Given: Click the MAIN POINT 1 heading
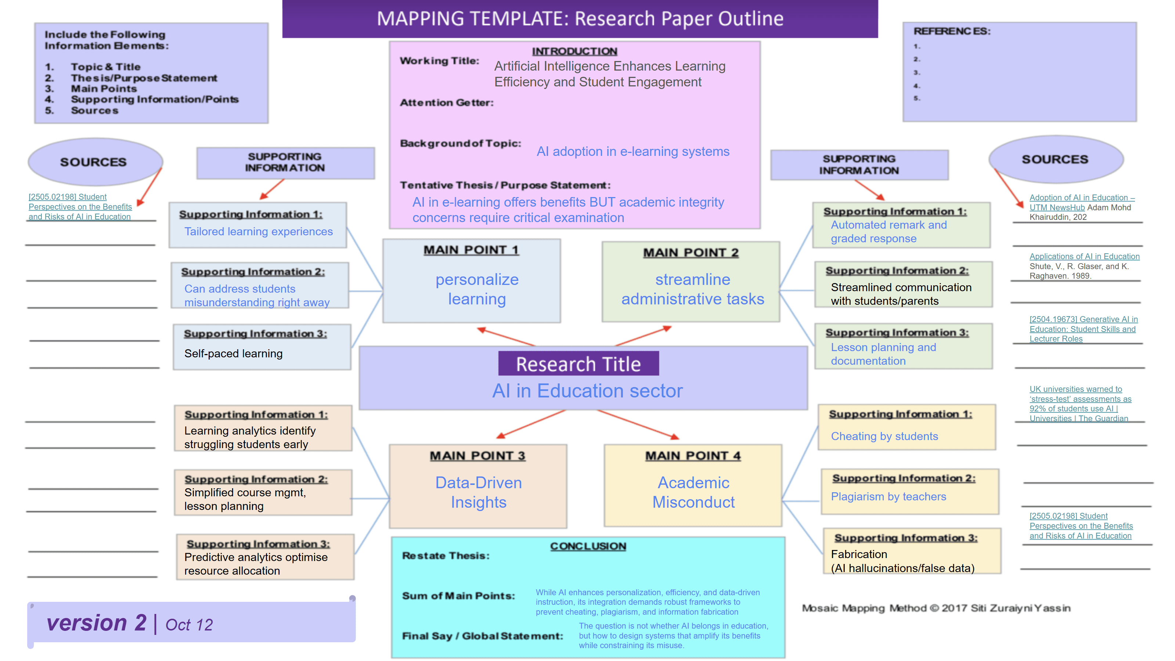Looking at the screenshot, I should (471, 250).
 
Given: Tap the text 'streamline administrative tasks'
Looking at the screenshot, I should (692, 289).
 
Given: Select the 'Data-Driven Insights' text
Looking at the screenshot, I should (479, 492).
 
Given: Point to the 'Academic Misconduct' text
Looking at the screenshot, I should (693, 492).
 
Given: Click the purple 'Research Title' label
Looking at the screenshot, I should (579, 364).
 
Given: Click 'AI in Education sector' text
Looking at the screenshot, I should (588, 391).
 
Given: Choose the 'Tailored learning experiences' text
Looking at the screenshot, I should (259, 232).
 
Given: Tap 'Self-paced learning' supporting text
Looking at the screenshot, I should (234, 353).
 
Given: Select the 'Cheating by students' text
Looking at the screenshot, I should (884, 436).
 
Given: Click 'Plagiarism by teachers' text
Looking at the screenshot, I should (889, 496).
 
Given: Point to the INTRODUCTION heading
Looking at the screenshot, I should (574, 51).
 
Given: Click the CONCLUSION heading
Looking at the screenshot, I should (588, 546).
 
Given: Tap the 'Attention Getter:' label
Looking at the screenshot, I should (447, 103).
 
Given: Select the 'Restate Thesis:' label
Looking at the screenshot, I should (446, 555).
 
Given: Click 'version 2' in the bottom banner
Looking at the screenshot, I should (97, 623).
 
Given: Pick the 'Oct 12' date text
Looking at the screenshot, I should (189, 625).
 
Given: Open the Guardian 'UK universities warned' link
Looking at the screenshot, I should (1080, 404).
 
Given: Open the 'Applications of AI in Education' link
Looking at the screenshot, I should (1084, 257).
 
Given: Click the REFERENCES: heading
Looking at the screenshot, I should (952, 31).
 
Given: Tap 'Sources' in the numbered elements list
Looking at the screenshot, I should (94, 110).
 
